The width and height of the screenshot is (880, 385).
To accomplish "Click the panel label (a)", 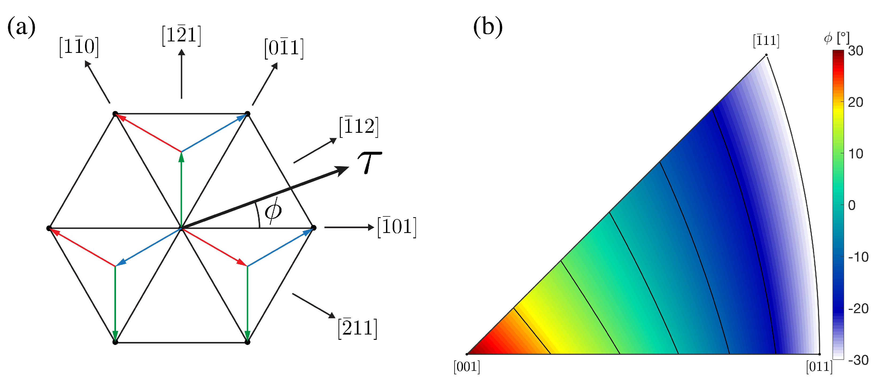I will [21, 27].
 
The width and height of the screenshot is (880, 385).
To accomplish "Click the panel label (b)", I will [488, 27].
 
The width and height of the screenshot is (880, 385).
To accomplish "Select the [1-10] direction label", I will [79, 47].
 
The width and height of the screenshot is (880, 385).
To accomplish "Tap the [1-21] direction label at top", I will [182, 36].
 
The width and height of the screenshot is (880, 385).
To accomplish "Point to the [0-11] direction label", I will [284, 48].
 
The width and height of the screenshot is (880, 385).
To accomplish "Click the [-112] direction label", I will [359, 127].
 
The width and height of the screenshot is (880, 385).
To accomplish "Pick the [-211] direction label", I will [357, 328].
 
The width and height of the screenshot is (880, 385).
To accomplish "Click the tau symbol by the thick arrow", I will [370, 162].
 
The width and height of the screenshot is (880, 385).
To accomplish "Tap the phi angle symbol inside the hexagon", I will [273, 211].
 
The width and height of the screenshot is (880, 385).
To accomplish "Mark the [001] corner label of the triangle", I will [467, 367].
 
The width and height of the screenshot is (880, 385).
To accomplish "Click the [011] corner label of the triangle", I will [819, 367].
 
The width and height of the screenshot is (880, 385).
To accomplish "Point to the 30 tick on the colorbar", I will [855, 51].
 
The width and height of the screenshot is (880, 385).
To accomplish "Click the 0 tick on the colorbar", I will [852, 205].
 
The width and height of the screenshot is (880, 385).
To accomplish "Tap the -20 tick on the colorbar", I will [858, 309].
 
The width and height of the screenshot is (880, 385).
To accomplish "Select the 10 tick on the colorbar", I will [855, 154].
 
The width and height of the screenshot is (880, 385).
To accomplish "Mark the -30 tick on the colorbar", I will [858, 360].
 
